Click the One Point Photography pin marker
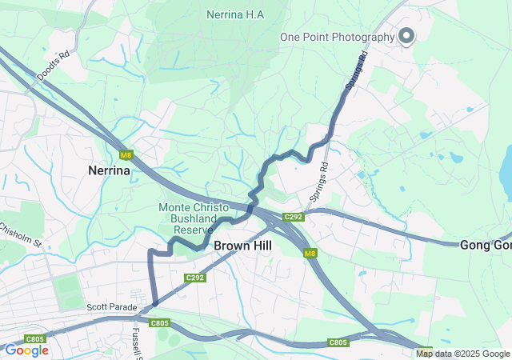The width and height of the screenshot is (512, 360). click(406, 36)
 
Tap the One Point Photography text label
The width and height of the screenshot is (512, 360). click(337, 37)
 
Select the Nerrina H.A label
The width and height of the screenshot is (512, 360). click(234, 14)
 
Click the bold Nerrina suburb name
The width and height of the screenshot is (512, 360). click(109, 170)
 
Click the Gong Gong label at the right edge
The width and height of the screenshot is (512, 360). click(486, 245)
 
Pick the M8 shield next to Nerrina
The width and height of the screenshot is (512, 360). click(126, 154)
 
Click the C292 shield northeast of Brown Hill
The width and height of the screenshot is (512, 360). click(294, 217)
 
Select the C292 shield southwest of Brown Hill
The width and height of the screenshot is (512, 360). click(195, 278)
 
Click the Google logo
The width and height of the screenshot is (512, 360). click(26, 350)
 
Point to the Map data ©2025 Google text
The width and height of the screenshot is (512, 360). click(462, 354)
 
